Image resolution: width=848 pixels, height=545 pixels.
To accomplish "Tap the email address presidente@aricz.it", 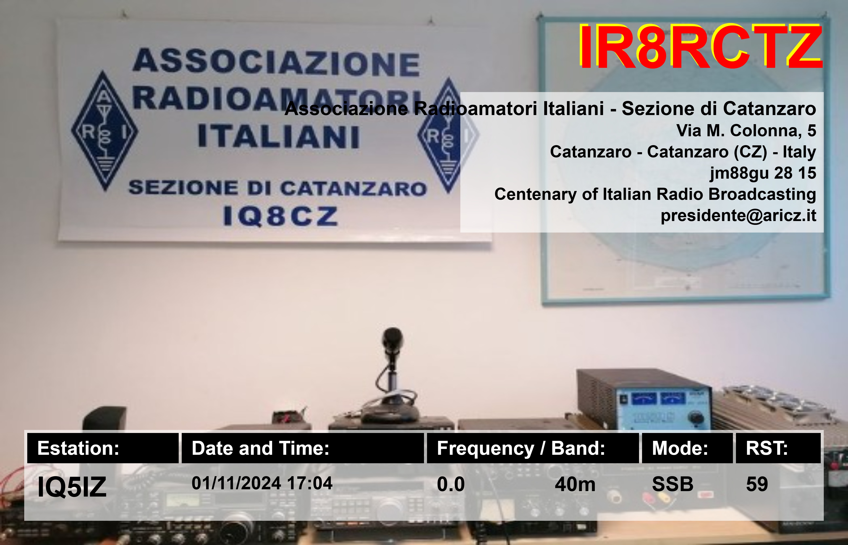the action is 738,216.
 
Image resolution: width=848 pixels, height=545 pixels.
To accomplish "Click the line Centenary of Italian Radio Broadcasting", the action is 655,194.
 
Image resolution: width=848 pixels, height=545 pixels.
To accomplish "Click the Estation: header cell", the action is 103,448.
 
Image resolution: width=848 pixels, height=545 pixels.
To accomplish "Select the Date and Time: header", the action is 303,448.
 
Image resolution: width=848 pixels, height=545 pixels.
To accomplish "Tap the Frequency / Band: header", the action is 533,448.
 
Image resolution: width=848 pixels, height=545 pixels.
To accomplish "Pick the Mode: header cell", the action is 687,448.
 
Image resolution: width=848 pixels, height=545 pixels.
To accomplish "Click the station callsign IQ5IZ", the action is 72,487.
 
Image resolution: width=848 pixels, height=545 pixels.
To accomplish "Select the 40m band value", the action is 575,484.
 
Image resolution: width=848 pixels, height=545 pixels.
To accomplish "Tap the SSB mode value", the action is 673,484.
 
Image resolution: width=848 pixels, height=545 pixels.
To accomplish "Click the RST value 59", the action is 757,484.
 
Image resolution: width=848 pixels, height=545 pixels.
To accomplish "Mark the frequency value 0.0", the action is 450,484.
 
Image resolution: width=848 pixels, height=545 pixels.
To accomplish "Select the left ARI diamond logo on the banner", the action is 104,131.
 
